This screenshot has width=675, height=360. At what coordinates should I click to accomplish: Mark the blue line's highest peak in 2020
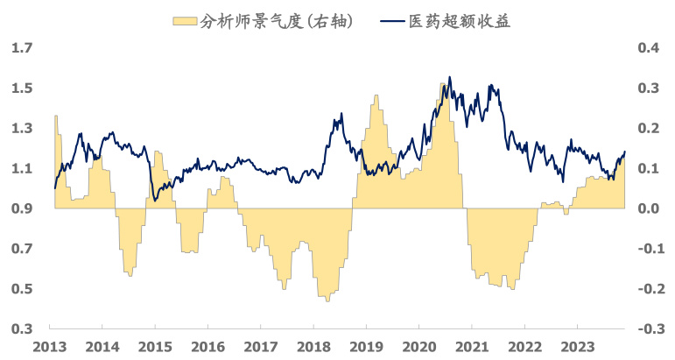click(x=449, y=77)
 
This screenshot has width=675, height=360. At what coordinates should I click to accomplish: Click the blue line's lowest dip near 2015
click(x=156, y=201)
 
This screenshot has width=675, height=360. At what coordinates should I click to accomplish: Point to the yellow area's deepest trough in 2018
click(x=327, y=300)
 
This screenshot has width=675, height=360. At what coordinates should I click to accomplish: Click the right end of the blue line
click(x=625, y=152)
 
